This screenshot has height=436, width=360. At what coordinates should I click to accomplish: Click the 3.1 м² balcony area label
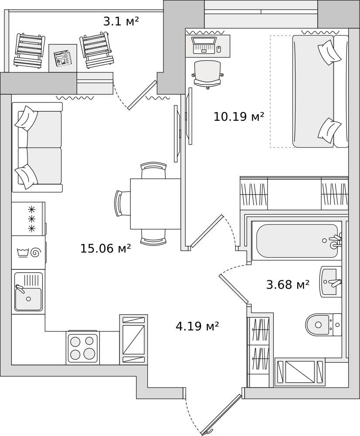pos(121,21)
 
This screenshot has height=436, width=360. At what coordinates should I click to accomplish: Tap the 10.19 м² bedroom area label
pos(238,116)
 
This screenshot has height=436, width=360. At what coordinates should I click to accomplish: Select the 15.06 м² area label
pos(105,249)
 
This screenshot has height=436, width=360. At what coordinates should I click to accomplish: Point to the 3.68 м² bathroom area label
pos(288,284)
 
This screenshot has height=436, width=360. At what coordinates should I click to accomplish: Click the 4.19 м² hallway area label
pos(197,326)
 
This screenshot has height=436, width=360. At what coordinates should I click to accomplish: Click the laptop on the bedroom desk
pos(204,45)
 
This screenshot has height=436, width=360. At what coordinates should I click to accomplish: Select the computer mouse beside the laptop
pos(219,49)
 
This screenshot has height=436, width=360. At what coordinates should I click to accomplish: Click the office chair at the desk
pos(207,74)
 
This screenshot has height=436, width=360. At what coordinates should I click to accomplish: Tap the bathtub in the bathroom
pos(297,241)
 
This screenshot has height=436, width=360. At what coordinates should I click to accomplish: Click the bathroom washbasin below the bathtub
pos(330,281)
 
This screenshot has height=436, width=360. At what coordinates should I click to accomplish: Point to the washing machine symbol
pos(28,252)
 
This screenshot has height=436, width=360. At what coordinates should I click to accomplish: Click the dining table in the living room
pos(156,204)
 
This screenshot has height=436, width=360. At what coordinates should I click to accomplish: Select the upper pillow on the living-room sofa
pos(26,118)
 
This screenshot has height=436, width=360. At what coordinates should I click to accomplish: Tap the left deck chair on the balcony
pos(30,50)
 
